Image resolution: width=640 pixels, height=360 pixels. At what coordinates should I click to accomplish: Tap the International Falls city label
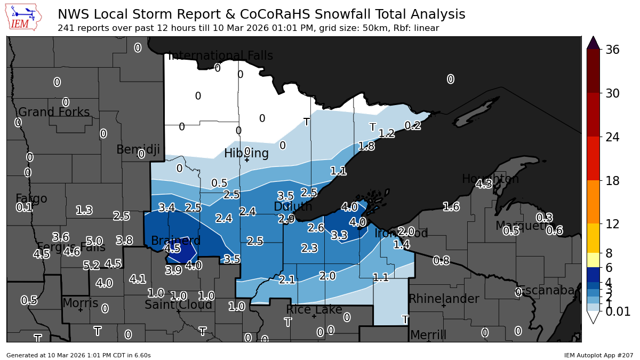click(x=220, y=56)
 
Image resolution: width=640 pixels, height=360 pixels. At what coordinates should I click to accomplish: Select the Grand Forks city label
click(x=54, y=113)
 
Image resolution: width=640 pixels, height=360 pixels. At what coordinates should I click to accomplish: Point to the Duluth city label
click(x=293, y=206)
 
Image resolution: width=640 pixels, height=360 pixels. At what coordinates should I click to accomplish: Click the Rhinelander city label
click(x=444, y=299)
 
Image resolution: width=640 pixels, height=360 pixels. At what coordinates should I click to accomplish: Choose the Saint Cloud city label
click(x=179, y=305)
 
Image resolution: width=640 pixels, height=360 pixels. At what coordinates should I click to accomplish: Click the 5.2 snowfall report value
click(x=91, y=265)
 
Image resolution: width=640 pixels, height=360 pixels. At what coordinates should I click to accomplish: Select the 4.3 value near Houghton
click(x=484, y=185)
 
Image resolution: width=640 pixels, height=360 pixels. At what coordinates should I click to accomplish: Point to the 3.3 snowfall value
click(x=339, y=235)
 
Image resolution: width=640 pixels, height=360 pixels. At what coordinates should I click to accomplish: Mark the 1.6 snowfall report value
click(x=451, y=207)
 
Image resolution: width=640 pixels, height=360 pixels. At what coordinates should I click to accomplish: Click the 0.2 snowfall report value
click(x=413, y=126)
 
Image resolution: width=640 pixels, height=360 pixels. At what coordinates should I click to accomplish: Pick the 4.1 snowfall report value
click(x=138, y=279)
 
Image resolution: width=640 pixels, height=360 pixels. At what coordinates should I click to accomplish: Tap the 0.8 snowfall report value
click(x=441, y=261)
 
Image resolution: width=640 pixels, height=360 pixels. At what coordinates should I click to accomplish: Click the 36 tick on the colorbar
click(x=612, y=50)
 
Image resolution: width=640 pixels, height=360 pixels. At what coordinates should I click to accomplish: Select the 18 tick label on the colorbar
click(x=612, y=181)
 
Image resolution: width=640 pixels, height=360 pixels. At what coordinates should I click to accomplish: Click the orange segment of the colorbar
click(x=593, y=202)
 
